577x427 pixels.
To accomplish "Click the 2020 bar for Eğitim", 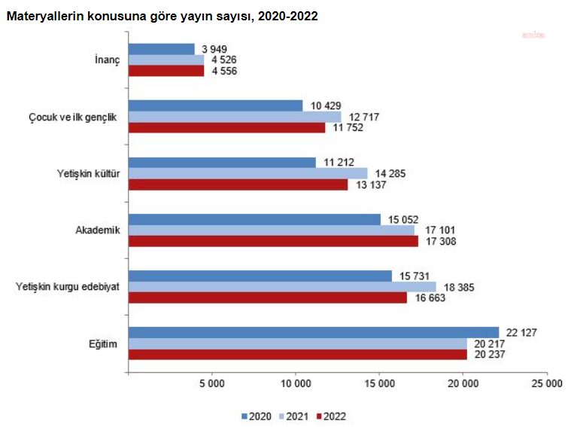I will point(314,333).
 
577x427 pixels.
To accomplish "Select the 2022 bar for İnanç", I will point(166,72).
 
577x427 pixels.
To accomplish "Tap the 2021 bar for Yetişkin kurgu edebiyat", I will point(282,287).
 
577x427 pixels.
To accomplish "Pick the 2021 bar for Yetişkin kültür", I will point(248,173).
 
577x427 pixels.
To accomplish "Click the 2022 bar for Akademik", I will point(273,242).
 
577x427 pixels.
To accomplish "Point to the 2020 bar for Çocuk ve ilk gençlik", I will point(215,105).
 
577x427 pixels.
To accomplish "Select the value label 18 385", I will point(459,287).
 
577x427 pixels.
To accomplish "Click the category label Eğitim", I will point(104,344).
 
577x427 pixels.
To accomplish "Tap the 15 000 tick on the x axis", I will point(379,384).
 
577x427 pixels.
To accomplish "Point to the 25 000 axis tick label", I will point(546,384).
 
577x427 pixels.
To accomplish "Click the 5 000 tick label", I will point(212,384).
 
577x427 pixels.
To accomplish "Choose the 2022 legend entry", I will point(332,415).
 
